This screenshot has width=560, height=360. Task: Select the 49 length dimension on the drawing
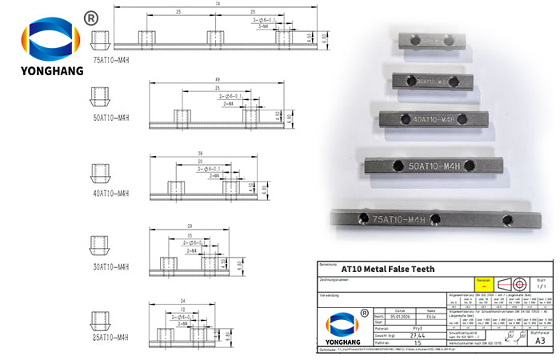(x=218, y=78)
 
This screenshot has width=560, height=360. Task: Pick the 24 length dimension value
(x=184, y=301)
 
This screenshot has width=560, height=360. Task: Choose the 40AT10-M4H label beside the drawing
(x=111, y=193)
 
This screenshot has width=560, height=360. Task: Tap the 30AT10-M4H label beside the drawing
(x=111, y=266)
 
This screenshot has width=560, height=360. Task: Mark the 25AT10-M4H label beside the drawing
(x=111, y=338)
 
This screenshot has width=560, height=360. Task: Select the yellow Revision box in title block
(x=482, y=282)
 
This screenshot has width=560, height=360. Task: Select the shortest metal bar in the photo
(x=429, y=39)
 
